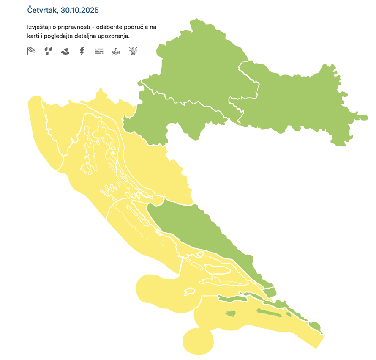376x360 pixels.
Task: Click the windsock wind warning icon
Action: [31, 51]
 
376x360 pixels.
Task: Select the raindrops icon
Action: [49, 51]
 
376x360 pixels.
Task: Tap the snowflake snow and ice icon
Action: [65, 51]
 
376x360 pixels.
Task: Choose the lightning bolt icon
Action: [82, 51]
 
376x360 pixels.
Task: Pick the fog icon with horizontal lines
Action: [99, 51]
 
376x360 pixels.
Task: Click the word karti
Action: [33, 36]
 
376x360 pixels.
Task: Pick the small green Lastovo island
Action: [230, 313]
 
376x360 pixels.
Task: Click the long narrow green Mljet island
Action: [268, 313]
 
